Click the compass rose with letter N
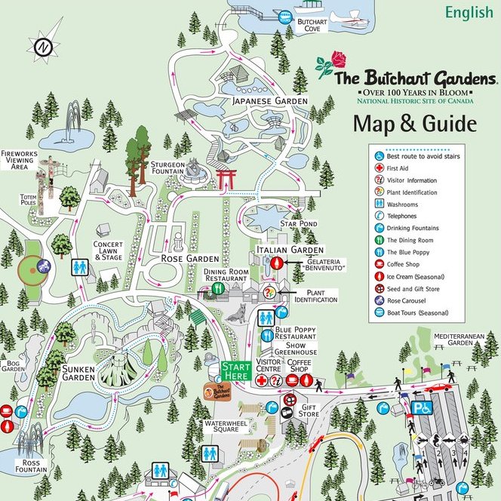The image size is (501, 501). pyautogui.click(x=44, y=45)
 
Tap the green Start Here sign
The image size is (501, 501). pyautogui.click(x=235, y=371)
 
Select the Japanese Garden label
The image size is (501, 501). pyautogui.click(x=269, y=100)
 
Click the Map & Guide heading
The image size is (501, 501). pyautogui.click(x=414, y=123)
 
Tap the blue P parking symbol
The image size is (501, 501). pyautogui.click(x=416, y=407)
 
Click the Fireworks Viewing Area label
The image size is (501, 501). pyautogui.click(x=20, y=159)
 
